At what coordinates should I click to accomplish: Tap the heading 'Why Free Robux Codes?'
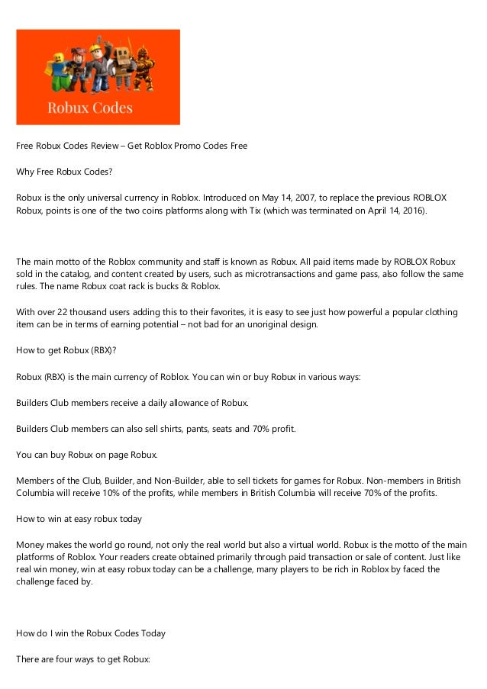pyautogui.click(x=64, y=172)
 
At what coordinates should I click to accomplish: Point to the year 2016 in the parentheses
pyautogui.click(x=413, y=211)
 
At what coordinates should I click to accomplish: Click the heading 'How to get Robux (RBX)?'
pyautogui.click(x=66, y=351)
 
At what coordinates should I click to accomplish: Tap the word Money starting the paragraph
pyautogui.click(x=31, y=545)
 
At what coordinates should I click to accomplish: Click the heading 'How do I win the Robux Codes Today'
pyautogui.click(x=91, y=633)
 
